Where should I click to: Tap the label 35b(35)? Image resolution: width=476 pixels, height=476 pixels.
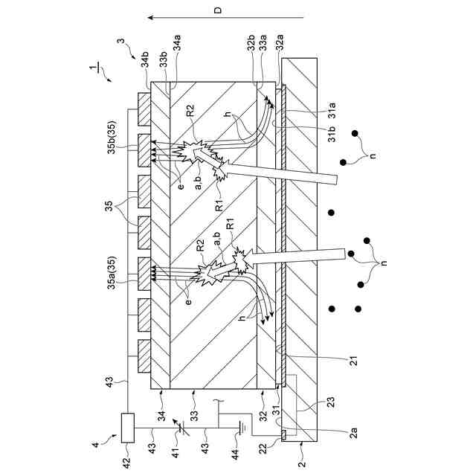point(111,147)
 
